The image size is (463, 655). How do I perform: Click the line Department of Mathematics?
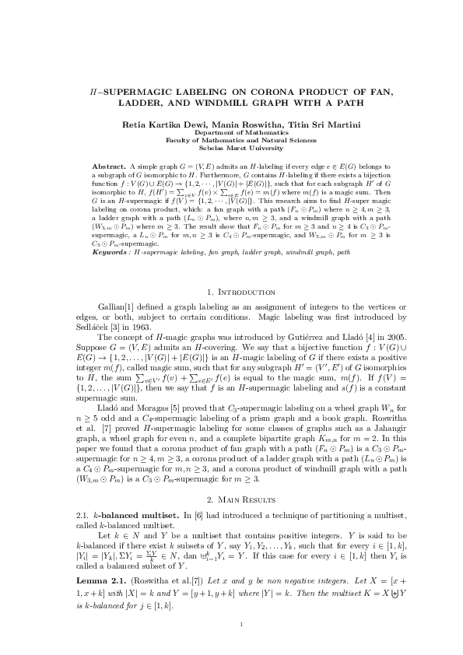pyautogui.click(x=231, y=133)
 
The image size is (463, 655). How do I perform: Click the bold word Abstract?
pyautogui.click(x=109, y=167)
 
